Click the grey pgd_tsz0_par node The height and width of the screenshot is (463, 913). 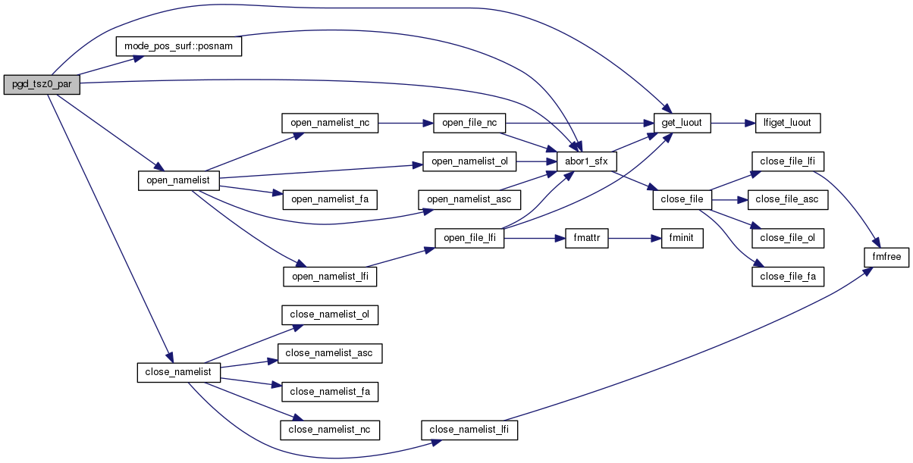coord(42,84)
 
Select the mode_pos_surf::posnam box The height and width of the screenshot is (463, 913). coord(178,46)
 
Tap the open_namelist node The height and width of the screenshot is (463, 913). coord(179,180)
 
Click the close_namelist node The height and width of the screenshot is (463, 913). coord(178,372)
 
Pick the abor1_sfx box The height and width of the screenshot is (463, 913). coord(587,161)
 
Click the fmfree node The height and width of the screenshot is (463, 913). coord(886,257)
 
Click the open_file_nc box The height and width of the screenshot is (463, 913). coord(469,123)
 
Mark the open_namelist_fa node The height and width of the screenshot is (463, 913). coord(330,199)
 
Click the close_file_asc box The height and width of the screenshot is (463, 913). coord(788,199)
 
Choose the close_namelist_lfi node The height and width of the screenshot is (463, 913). coord(469,430)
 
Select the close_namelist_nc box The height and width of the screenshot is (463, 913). coord(330,430)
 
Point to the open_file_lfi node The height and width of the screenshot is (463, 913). coord(469,238)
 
